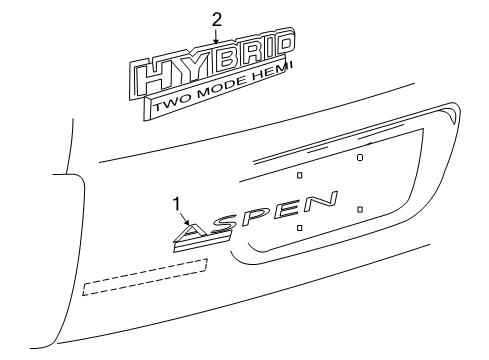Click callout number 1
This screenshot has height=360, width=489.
pos(177,205)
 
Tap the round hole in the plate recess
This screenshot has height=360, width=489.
pos(359,156)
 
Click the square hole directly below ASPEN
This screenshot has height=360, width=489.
pos(299,228)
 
